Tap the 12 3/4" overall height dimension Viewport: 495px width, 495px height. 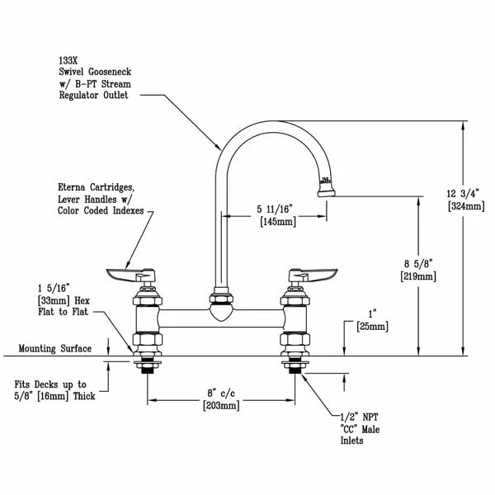[x=464, y=191]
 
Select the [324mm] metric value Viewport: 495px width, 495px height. [x=464, y=205]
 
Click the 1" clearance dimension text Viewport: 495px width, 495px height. [x=369, y=314]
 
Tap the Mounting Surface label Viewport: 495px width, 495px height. [x=54, y=349]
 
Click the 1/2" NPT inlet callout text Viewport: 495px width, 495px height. [x=361, y=417]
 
